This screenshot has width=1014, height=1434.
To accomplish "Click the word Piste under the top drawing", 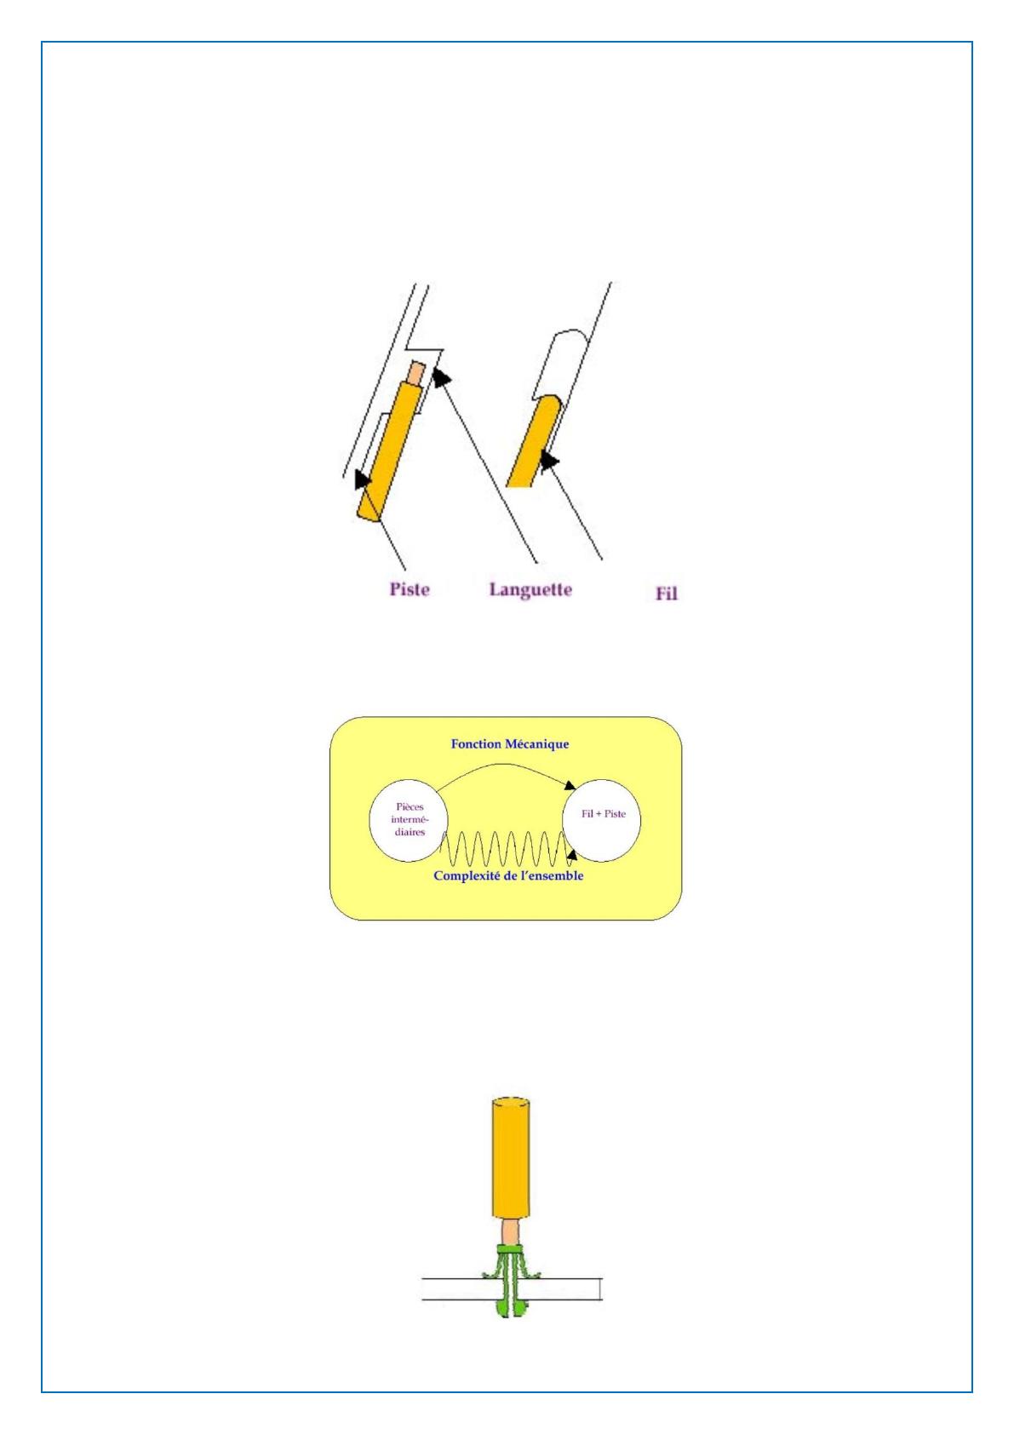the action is coord(409,589).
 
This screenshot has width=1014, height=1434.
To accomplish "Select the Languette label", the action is coord(530,589).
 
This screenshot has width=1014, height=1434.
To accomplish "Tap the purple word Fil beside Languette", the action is coord(666,594).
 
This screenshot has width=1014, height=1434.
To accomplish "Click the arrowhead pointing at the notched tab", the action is coord(441,376).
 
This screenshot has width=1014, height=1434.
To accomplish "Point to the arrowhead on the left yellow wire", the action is coord(363,479).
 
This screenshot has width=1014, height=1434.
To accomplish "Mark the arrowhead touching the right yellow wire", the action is coord(549,461).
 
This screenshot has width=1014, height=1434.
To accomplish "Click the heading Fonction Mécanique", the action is coord(510,744).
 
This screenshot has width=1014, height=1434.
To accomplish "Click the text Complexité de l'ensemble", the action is coord(508,875).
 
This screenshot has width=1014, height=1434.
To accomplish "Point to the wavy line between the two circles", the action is coord(506,849).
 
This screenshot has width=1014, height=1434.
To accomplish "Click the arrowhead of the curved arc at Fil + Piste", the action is coord(569,785).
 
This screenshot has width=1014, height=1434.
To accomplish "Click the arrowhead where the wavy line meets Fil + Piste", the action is coord(571,855).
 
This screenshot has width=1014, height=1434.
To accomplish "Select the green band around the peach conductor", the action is coord(511,1249).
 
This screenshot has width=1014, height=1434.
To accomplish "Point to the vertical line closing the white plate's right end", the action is coord(601,1288).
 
